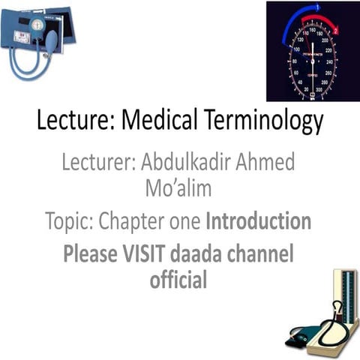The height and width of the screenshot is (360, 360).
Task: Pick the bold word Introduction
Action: tap(258, 221)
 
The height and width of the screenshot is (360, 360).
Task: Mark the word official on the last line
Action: tap(178, 281)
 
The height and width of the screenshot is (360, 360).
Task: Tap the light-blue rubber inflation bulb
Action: tap(52, 42)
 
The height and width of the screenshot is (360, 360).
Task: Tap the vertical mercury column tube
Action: tap(347, 299)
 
